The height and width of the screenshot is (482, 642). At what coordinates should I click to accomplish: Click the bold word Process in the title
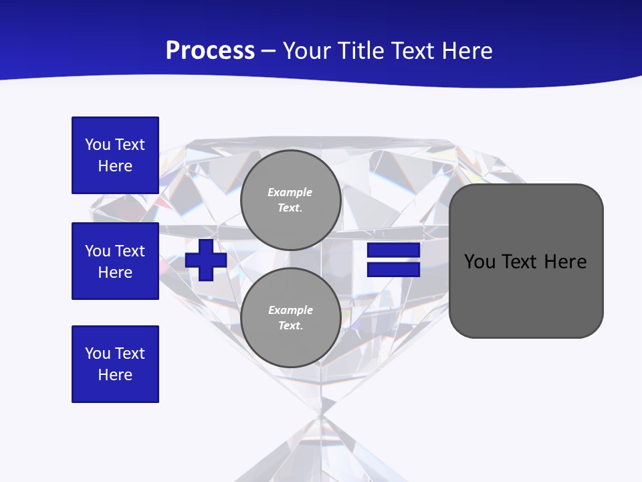pyautogui.click(x=210, y=51)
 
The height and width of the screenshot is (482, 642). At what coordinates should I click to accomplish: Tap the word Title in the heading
pyautogui.click(x=363, y=51)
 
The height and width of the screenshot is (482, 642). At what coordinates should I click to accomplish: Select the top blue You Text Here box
pyautogui.click(x=115, y=155)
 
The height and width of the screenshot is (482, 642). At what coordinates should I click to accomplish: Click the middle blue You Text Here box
pyautogui.click(x=115, y=261)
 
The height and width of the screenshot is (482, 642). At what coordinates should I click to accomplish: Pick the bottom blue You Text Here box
pyautogui.click(x=115, y=364)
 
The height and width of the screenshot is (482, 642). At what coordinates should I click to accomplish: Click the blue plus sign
pyautogui.click(x=206, y=260)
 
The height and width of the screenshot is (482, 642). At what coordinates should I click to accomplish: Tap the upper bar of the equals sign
pyautogui.click(x=393, y=250)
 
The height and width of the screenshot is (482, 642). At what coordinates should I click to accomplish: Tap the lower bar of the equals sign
pyautogui.click(x=393, y=269)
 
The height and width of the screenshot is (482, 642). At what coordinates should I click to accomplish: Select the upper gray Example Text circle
pyautogui.click(x=290, y=200)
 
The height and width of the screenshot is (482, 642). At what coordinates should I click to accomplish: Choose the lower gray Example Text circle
pyautogui.click(x=290, y=318)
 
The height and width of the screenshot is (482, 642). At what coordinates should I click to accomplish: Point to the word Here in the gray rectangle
pyautogui.click(x=565, y=262)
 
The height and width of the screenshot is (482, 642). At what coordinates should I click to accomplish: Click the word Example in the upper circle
pyautogui.click(x=290, y=192)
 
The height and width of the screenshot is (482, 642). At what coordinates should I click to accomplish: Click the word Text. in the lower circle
pyautogui.click(x=290, y=326)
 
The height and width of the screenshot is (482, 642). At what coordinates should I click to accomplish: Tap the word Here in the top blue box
pyautogui.click(x=115, y=166)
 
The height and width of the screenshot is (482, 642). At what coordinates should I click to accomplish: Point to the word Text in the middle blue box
pyautogui.click(x=130, y=251)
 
